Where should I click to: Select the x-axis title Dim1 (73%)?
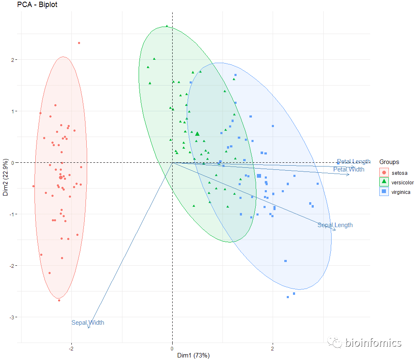coord(193,355)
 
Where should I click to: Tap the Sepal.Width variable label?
coord(88,323)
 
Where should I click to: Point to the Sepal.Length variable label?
coord(335,225)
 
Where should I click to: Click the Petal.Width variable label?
coord(349,169)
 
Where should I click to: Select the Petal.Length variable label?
coord(354,162)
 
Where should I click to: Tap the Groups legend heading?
coord(389,162)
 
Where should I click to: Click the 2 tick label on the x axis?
coord(273,348)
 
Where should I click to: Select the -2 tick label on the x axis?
coord(71,348)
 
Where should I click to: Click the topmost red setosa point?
coord(79,43)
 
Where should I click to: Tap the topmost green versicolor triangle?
coord(167,26)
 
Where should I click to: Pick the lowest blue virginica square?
coord(288,297)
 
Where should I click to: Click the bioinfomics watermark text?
coord(373,343)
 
